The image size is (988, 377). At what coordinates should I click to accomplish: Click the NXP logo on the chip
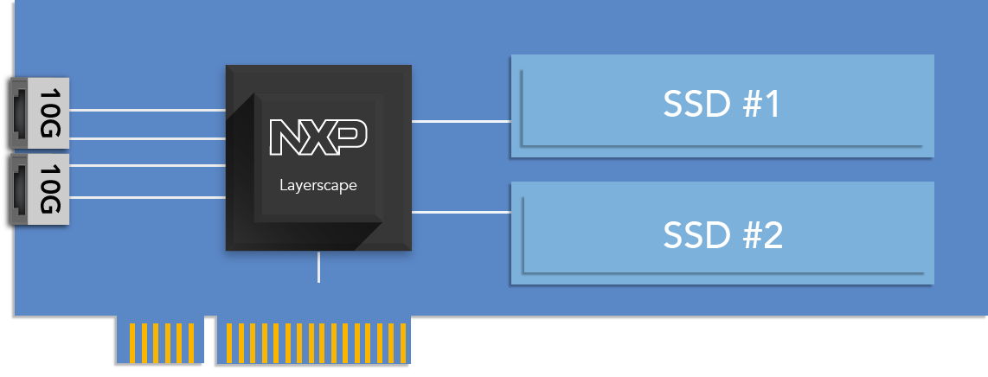(318, 137)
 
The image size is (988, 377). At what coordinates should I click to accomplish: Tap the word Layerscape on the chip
(318, 184)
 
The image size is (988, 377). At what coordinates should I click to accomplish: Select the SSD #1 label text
(722, 105)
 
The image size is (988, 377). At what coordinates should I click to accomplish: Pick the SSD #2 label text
(722, 234)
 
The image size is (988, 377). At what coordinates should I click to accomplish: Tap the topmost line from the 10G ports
(147, 110)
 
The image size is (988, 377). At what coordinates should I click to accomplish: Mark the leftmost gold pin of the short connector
(132, 342)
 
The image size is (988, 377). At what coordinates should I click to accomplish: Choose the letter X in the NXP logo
(318, 137)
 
